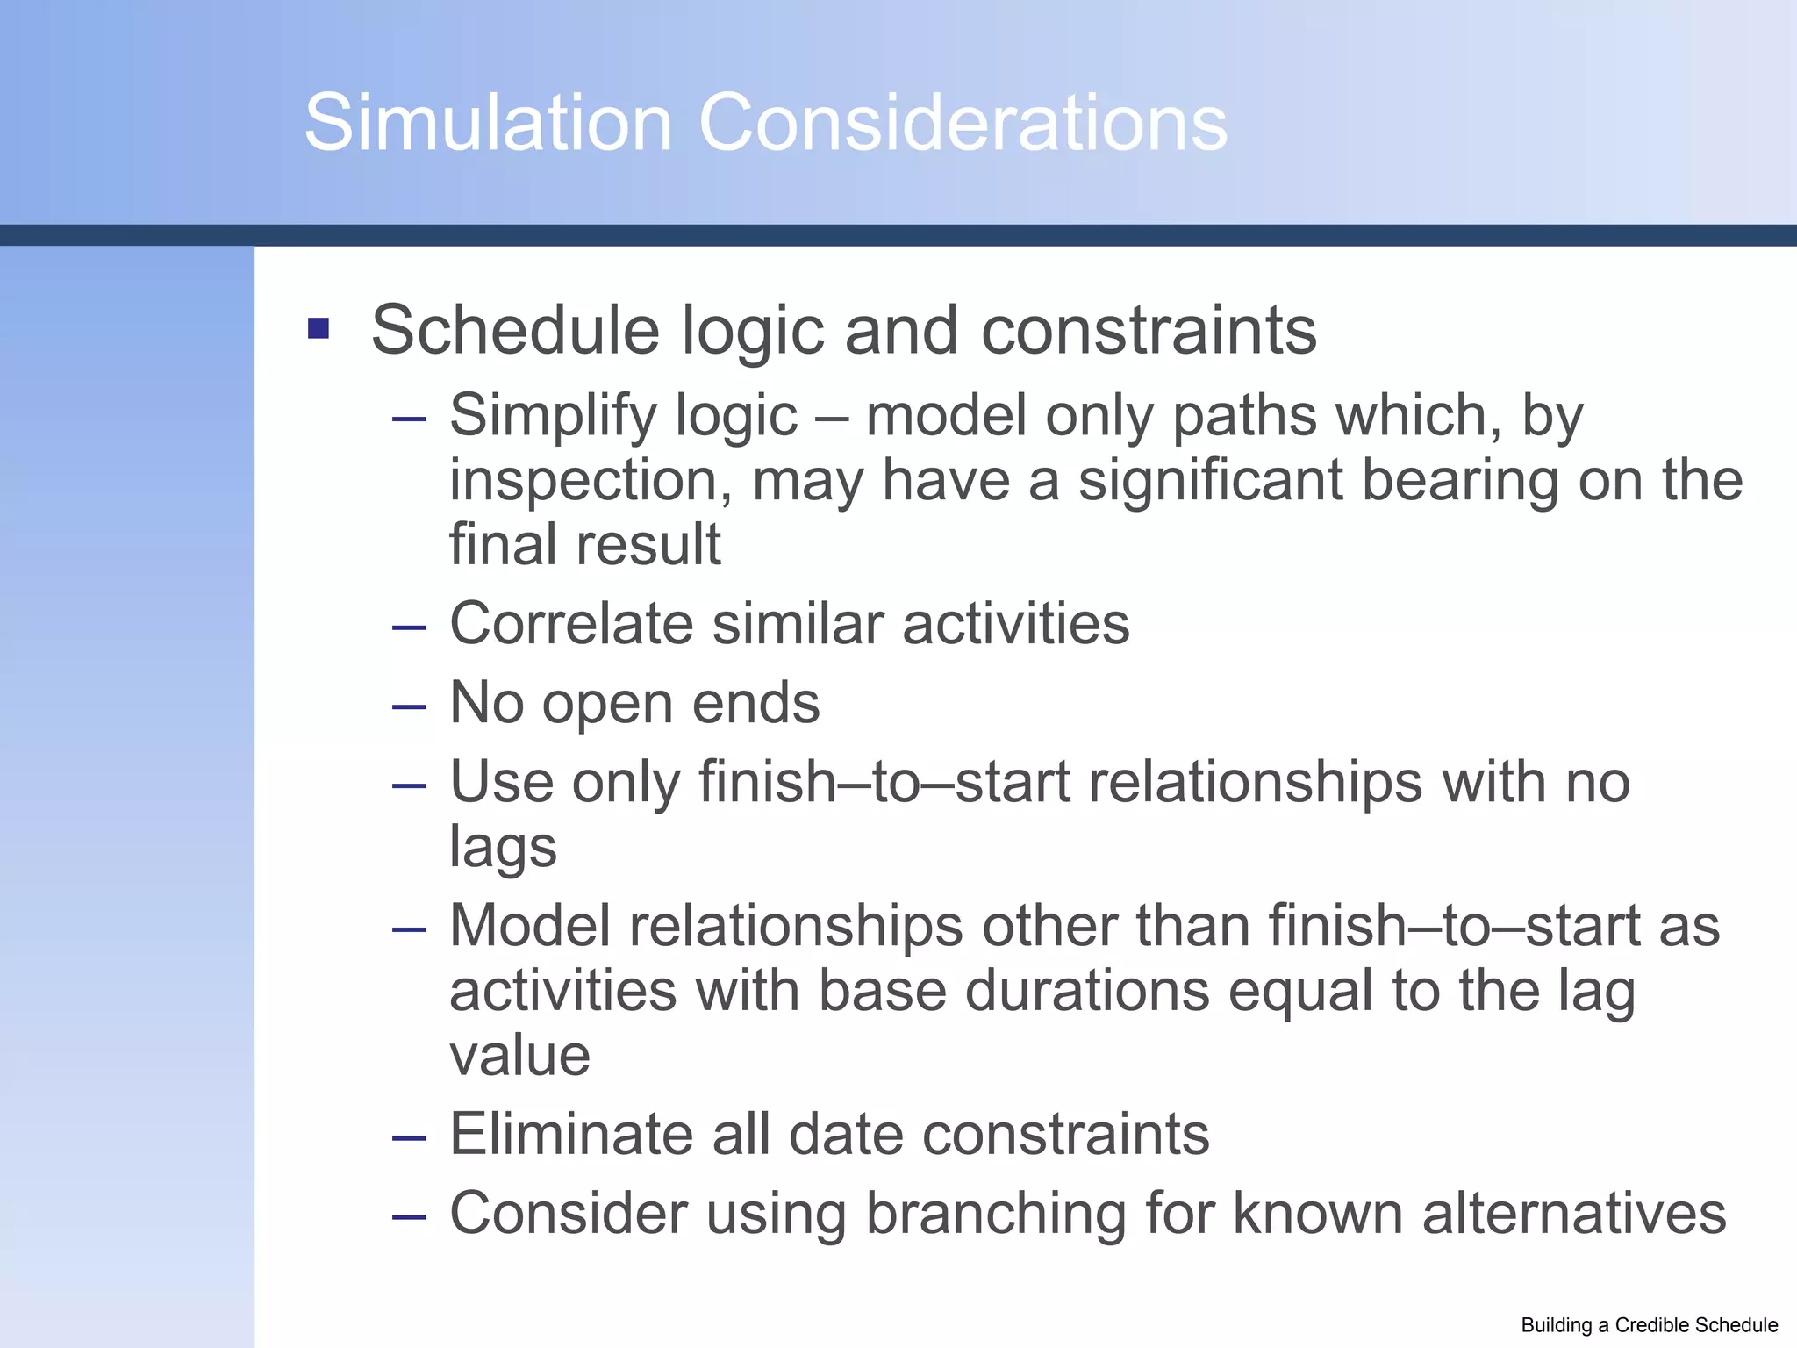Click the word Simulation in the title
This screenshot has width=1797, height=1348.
[x=488, y=123]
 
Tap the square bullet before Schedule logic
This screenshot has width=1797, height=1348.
[x=319, y=329]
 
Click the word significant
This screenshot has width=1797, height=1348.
[x=1211, y=481]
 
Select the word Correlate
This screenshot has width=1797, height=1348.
[x=571, y=624]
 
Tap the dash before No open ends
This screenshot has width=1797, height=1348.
[x=409, y=706]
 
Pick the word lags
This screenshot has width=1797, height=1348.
[x=503, y=848]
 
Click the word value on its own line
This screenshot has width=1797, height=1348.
[x=519, y=1055]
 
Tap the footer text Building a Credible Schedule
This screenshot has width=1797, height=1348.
[x=1649, y=1325]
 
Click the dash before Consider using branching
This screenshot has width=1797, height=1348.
[x=409, y=1216]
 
